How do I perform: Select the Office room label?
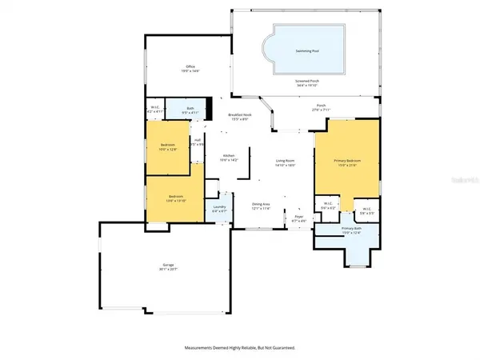pos(190,67)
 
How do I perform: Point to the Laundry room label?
pos(219,207)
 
